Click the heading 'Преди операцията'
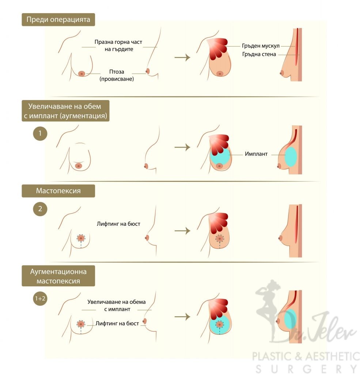click(x=58, y=19)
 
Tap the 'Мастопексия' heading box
click(x=58, y=191)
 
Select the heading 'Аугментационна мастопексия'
click(x=58, y=276)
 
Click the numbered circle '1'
click(x=40, y=134)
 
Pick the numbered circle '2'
click(x=40, y=209)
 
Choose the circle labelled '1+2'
click(x=40, y=298)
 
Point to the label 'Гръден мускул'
click(x=261, y=46)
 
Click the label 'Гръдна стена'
click(x=259, y=55)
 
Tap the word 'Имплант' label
click(x=256, y=154)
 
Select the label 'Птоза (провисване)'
click(x=117, y=75)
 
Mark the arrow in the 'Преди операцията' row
click(x=182, y=57)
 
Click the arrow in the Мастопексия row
click(x=182, y=231)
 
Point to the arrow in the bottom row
click(x=182, y=317)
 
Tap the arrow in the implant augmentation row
click(x=182, y=147)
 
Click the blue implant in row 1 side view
click(x=291, y=157)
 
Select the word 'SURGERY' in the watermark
click(x=305, y=368)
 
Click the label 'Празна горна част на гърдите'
click(x=118, y=46)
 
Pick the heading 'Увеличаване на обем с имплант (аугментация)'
click(x=65, y=111)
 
